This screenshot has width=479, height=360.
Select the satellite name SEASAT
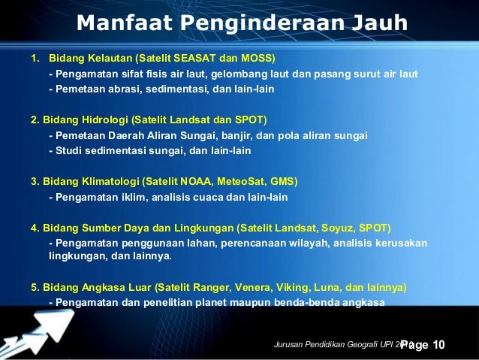click(x=205, y=58)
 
